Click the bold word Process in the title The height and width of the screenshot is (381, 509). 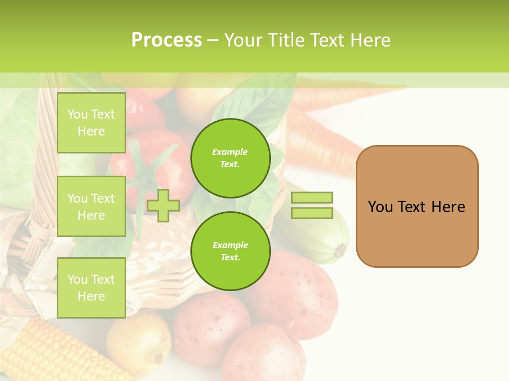tap(166, 40)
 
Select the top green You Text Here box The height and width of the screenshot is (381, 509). tap(91, 123)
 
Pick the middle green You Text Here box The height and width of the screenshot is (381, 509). tap(91, 206)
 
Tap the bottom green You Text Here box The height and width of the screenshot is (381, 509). tap(91, 287)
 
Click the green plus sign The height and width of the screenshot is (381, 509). tap(163, 205)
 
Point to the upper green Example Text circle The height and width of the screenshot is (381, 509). tap(230, 158)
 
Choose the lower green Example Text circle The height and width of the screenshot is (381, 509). tap(230, 251)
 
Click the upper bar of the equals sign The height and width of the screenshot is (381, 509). tap(312, 198)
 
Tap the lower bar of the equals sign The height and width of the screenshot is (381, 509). tap(312, 213)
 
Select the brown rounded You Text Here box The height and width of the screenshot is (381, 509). tap(417, 206)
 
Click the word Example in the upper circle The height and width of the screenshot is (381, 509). tap(230, 152)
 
